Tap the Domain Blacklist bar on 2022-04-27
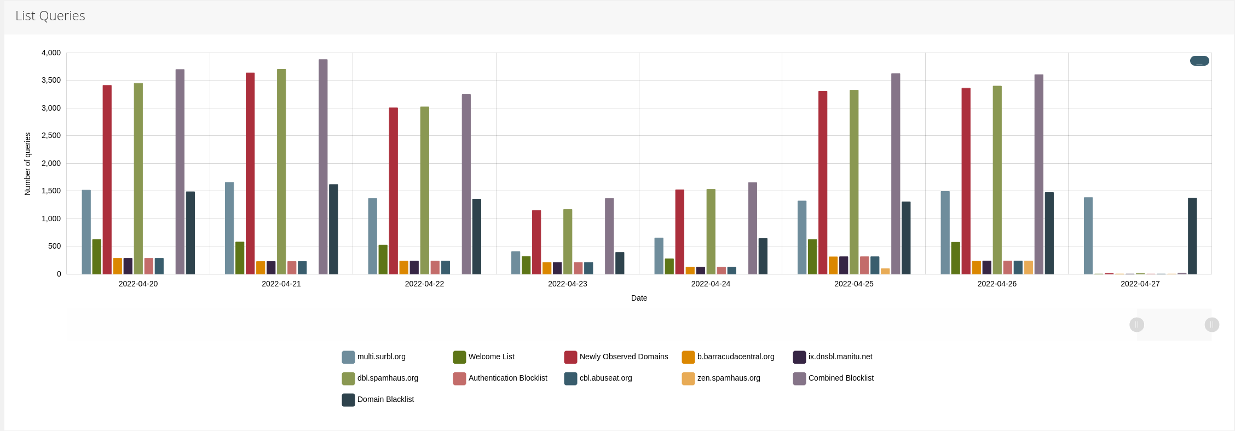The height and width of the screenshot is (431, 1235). coord(1192,236)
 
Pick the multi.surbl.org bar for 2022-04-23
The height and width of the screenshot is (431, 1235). coord(516,263)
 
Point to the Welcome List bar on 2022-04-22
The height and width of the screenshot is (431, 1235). coord(383,260)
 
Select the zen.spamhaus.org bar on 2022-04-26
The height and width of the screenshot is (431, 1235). coord(1029,267)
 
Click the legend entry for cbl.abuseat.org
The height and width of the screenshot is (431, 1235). coord(605,378)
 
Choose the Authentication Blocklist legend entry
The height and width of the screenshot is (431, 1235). coord(507,378)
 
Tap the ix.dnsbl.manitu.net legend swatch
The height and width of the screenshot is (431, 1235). coord(799,357)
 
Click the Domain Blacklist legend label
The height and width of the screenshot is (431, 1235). coord(385,399)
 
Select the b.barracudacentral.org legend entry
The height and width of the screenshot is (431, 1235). coord(735,357)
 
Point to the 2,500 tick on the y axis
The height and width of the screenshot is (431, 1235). coord(51,135)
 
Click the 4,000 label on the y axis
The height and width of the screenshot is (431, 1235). coord(51,53)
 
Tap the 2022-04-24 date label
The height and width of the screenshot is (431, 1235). coord(711,284)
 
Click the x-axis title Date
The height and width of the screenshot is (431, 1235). coord(639,298)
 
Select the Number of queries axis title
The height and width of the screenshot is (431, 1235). coord(27,164)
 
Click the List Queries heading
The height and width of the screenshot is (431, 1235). coord(50,16)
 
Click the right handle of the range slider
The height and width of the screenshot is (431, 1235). coord(1211,325)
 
